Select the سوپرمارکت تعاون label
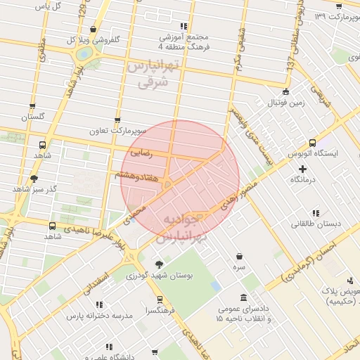[117, 131]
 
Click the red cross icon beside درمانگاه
[303, 169]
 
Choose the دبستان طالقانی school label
[316, 224]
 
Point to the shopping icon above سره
[240, 257]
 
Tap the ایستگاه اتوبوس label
[314, 153]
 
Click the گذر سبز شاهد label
[34, 190]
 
